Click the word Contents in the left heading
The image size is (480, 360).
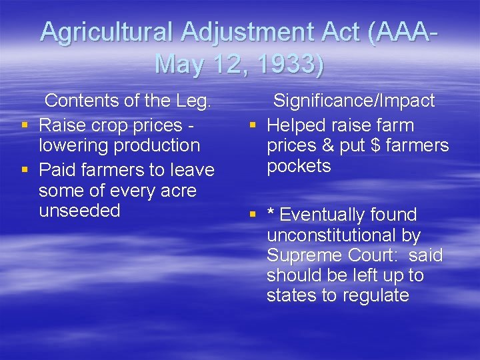tap(79, 101)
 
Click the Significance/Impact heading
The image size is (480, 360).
tap(354, 101)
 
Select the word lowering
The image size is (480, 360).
tap(73, 145)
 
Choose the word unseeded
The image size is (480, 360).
tap(79, 211)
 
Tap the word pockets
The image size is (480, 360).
tap(299, 166)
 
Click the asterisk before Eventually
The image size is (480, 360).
tap(271, 214)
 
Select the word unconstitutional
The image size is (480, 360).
tap(343, 235)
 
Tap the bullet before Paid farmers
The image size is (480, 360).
tap(25, 171)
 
